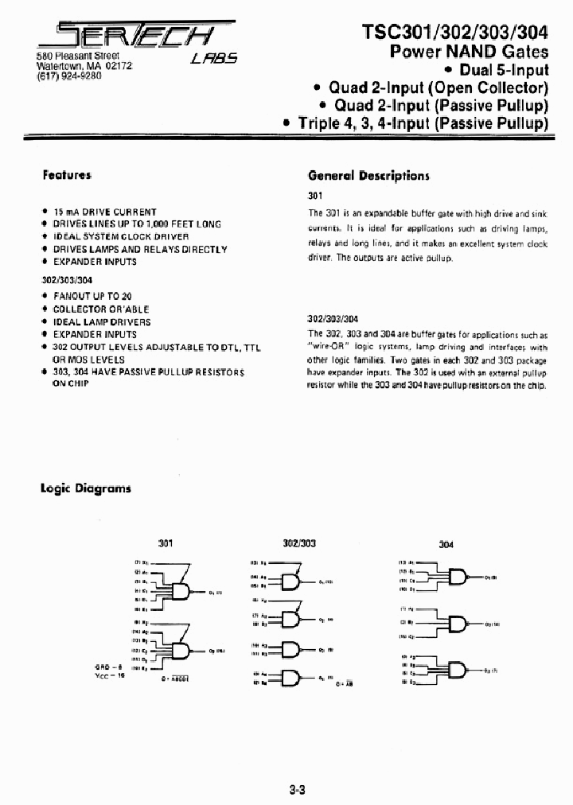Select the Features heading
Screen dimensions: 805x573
(x=67, y=175)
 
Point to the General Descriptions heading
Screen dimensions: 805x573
(x=368, y=176)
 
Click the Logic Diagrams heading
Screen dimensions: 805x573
(x=86, y=488)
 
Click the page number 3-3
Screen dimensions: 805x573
(x=298, y=768)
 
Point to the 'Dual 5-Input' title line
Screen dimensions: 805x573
(x=505, y=70)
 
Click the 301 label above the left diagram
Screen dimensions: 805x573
(x=165, y=542)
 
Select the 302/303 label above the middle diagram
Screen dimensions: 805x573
(x=299, y=542)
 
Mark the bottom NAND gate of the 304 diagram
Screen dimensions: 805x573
(x=459, y=671)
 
